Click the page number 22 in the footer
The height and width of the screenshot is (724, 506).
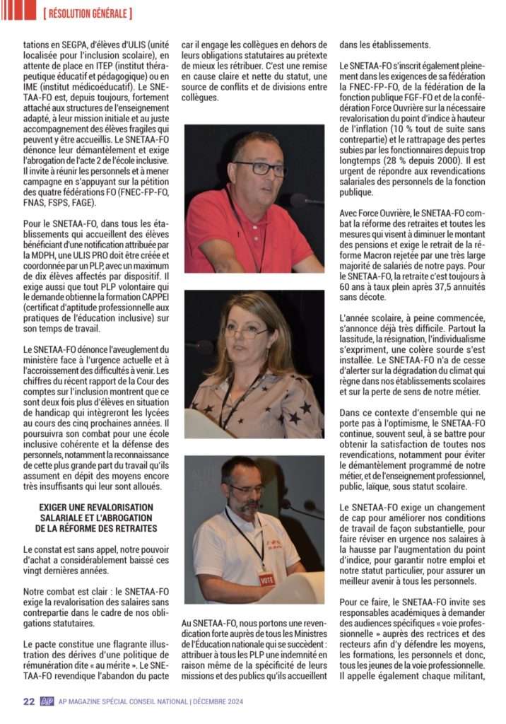tap(28, 701)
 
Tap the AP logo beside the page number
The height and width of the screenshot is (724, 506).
tap(47, 701)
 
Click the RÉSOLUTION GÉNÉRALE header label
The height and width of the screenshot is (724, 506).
tap(87, 13)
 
